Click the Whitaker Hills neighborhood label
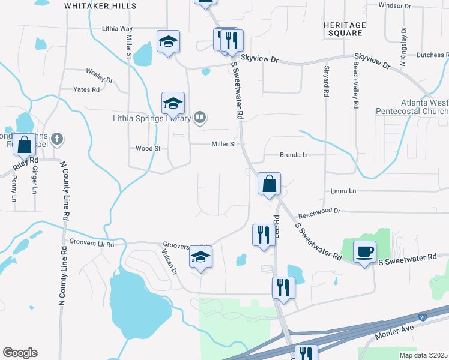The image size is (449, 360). pyautogui.click(x=100, y=6)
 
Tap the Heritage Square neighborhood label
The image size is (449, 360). pyautogui.click(x=344, y=29)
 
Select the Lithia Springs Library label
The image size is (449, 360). pyautogui.click(x=152, y=118)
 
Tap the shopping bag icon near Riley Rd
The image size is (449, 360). pyautogui.click(x=25, y=145)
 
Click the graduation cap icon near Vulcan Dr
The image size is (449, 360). pyautogui.click(x=201, y=258)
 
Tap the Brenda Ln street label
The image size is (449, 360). pyautogui.click(x=294, y=155)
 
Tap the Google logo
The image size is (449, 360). pyautogui.click(x=20, y=353)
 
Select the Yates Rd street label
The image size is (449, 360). pyautogui.click(x=86, y=90)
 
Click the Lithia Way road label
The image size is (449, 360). pyautogui.click(x=117, y=28)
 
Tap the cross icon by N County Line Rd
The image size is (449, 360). pyautogui.click(x=57, y=139)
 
